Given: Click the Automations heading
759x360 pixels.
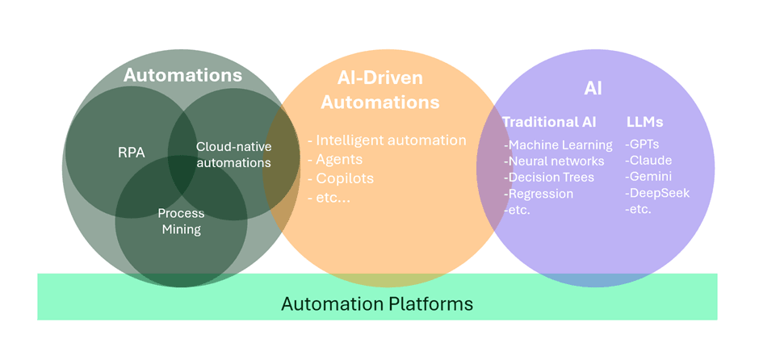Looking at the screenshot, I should click(182, 76).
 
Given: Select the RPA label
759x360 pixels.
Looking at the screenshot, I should click(131, 152).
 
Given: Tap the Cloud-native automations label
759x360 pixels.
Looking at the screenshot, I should click(233, 155).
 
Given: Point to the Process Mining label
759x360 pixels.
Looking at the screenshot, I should click(181, 221).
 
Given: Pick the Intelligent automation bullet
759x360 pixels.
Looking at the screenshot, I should click(388, 140).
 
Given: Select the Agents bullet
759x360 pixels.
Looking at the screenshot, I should click(336, 159).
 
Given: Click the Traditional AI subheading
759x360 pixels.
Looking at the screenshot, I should click(549, 122).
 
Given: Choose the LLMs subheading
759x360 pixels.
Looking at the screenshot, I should click(644, 122).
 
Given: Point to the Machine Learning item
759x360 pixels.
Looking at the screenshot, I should click(559, 145).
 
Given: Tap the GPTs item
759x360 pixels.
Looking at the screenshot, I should click(643, 144).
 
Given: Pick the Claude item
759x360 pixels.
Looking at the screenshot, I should click(648, 161).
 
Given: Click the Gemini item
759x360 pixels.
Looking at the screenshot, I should click(648, 177).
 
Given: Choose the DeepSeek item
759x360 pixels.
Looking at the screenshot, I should click(657, 193).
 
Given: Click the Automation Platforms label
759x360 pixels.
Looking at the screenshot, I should click(377, 304).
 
